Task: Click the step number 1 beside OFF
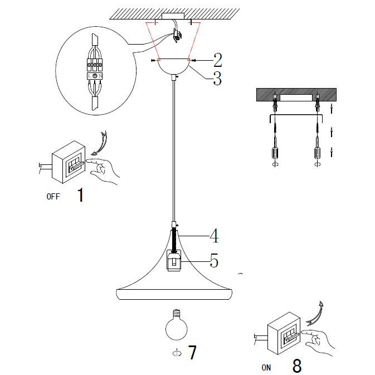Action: point(81,195)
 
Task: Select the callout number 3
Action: point(217,79)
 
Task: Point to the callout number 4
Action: point(213,236)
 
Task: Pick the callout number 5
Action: point(213,260)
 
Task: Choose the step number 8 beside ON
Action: point(297,366)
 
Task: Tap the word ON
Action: point(266,367)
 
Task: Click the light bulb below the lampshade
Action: point(174,326)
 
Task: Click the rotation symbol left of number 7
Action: point(177,353)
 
